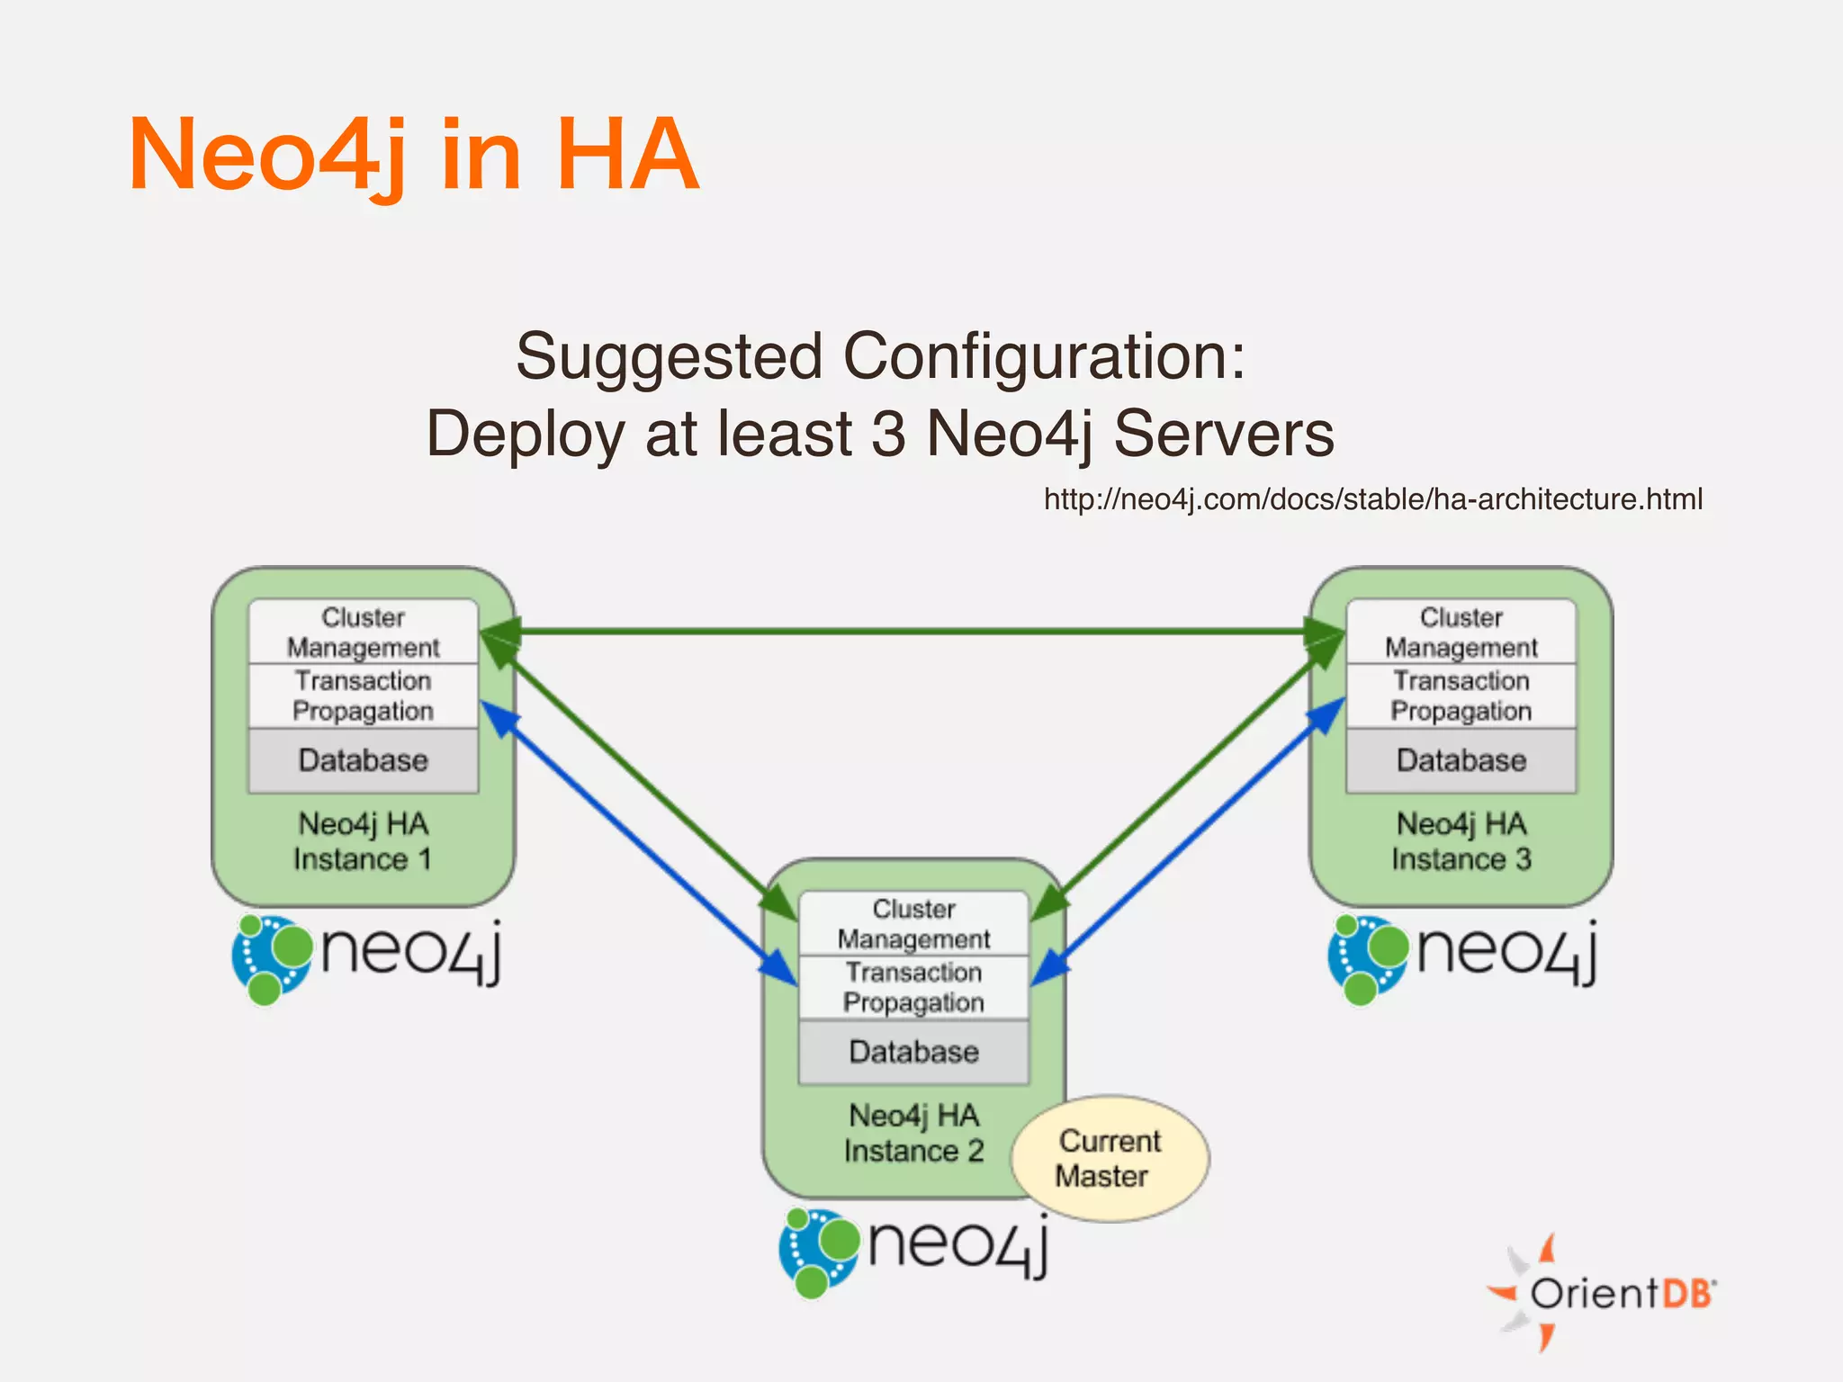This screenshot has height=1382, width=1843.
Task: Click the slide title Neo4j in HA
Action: (414, 155)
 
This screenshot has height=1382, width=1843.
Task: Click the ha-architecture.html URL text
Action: (1372, 499)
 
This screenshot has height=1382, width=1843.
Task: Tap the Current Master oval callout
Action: (1110, 1159)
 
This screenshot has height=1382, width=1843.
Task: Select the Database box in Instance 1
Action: (364, 760)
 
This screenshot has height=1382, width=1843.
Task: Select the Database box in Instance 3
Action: (1461, 760)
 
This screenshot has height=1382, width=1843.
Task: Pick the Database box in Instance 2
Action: (913, 1052)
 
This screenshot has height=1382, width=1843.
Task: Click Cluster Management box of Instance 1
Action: (364, 632)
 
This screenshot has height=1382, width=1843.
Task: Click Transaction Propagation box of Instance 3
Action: (1461, 695)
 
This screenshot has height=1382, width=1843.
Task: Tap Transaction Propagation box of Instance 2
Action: (913, 987)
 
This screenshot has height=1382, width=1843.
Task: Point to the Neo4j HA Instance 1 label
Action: (364, 841)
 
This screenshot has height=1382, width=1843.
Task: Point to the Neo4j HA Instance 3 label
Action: (1461, 841)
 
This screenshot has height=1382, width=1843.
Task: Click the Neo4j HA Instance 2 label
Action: (913, 1133)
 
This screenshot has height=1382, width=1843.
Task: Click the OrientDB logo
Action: (1603, 1293)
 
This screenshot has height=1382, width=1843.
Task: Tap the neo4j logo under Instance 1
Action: (367, 956)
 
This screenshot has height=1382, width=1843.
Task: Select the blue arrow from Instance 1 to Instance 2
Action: (639, 844)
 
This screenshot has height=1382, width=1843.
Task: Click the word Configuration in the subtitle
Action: (1044, 357)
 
